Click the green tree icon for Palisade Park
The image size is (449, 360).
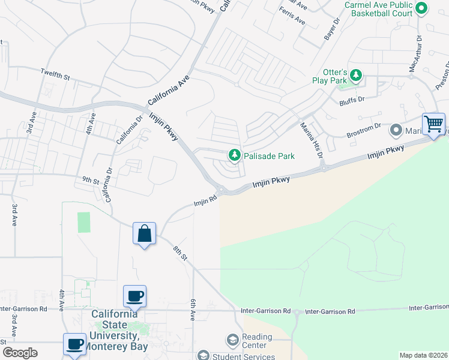234,156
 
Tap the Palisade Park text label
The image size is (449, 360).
268,156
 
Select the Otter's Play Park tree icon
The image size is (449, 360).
357,75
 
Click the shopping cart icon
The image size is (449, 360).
433,124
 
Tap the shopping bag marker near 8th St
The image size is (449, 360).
145,233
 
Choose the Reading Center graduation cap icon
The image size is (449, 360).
232,341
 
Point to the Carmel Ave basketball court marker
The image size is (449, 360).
421,8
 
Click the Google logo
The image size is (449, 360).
20,353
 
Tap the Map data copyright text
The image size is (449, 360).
423,355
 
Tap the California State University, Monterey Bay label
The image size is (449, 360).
115,330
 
